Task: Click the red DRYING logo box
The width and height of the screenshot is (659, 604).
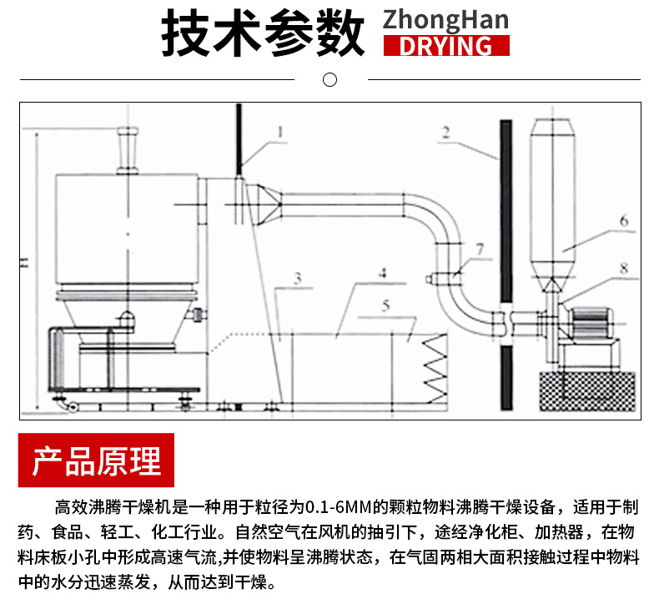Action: [x=445, y=45]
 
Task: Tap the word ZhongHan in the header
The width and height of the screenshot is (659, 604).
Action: [x=445, y=19]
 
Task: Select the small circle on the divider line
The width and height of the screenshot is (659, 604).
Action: [x=329, y=80]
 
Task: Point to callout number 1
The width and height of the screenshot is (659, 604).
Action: [x=281, y=131]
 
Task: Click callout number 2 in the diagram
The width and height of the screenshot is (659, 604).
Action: [x=446, y=131]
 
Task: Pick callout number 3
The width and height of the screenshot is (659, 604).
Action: [x=297, y=277]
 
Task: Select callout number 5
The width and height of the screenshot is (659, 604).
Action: [x=385, y=305]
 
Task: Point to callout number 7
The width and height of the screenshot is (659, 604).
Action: [x=478, y=249]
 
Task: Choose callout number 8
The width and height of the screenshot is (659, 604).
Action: [x=623, y=268]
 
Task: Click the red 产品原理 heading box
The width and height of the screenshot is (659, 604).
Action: [x=96, y=461]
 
